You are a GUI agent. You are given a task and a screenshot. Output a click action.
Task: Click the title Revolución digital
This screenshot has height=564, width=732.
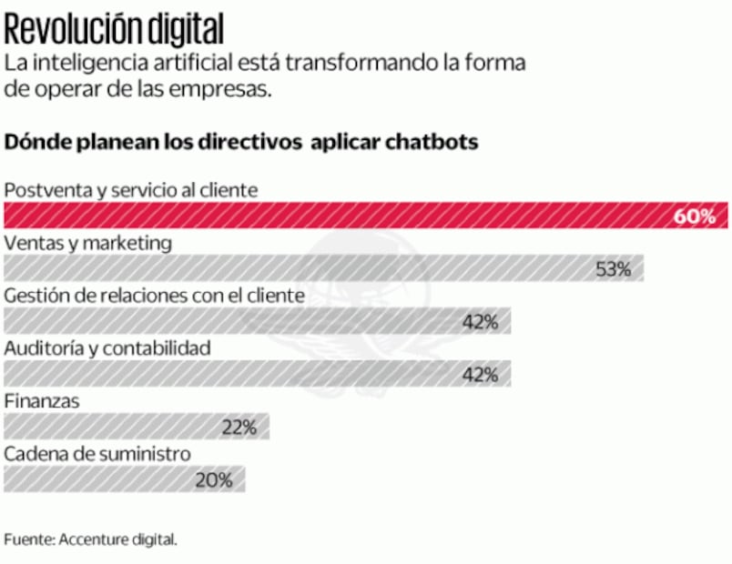click(114, 30)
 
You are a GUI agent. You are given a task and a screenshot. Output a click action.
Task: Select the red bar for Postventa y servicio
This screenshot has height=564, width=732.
click(337, 216)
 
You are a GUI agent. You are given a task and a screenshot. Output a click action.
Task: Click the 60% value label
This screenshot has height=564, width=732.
click(700, 217)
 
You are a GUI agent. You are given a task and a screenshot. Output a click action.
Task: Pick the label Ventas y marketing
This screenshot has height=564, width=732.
click(88, 243)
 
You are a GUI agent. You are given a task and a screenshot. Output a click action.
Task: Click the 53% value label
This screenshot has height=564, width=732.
click(613, 269)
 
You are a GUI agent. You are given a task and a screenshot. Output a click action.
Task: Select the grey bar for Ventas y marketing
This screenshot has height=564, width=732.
click(300, 268)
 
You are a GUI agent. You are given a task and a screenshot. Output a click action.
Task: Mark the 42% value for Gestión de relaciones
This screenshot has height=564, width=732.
click(480, 321)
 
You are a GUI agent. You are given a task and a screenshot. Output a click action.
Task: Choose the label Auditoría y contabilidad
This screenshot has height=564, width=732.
click(107, 347)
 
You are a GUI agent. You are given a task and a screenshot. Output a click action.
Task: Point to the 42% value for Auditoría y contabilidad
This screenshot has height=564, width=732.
click(480, 374)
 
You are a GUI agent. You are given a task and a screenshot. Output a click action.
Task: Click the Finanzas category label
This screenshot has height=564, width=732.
click(42, 400)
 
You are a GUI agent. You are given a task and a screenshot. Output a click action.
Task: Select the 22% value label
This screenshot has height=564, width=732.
click(239, 427)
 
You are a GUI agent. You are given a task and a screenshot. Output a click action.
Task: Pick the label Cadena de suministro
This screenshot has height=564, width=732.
click(97, 453)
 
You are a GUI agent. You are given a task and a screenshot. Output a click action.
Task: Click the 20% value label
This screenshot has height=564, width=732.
click(214, 479)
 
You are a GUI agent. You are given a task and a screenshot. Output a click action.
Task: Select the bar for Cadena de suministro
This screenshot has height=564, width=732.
click(100, 479)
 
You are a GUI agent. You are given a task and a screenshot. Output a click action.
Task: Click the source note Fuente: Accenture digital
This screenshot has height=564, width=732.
click(90, 539)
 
